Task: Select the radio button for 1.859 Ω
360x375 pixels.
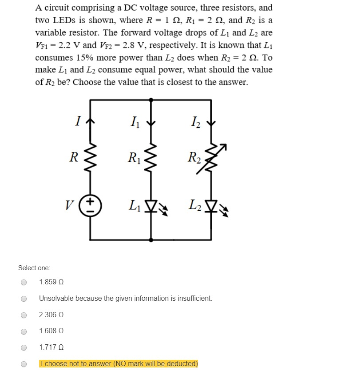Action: [x=24, y=282]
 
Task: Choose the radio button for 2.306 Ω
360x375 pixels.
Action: [x=24, y=315]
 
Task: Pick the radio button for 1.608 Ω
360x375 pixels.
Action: [x=24, y=331]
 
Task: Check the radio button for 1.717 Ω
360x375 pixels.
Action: [x=24, y=347]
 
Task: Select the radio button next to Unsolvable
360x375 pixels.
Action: [x=24, y=299]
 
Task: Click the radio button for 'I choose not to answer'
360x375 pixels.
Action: [x=24, y=364]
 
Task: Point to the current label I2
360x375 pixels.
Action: [x=195, y=120]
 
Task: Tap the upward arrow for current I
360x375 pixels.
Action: [x=91, y=120]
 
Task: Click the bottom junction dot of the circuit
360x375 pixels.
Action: [x=152, y=239]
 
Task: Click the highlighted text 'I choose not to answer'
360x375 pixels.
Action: [x=119, y=364]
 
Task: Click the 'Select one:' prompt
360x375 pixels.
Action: [x=34, y=268]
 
